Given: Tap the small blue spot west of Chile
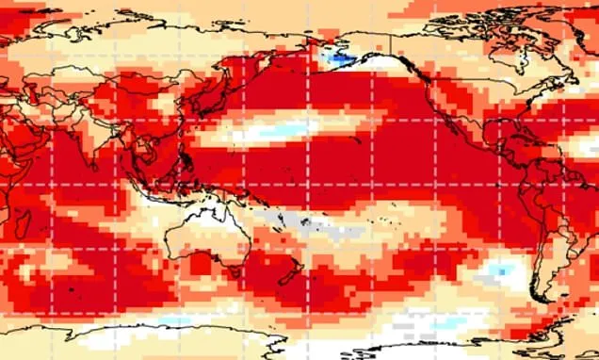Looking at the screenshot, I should point(502,270).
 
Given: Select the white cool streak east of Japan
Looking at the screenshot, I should point(273,131).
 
